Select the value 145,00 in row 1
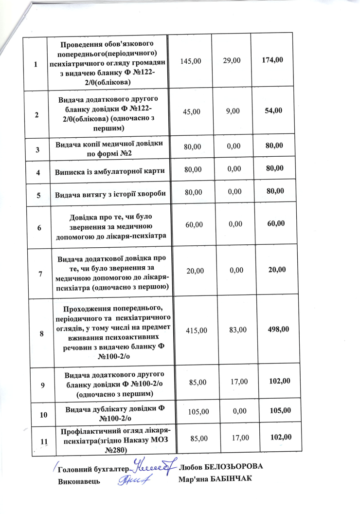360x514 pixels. point(190,61)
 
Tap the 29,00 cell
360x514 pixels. point(231,61)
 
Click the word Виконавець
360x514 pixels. point(79,481)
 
